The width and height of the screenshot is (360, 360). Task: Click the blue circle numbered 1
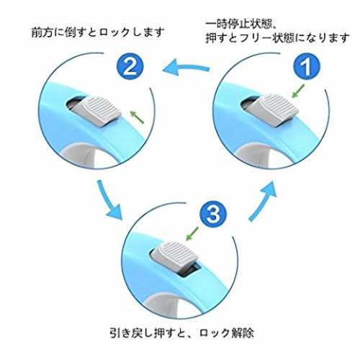307,66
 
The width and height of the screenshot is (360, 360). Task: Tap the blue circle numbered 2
130,66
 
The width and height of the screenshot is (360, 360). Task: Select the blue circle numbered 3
213,214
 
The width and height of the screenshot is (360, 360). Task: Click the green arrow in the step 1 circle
298,91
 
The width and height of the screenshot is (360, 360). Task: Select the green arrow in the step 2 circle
137,117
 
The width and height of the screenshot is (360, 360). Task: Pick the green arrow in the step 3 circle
192,233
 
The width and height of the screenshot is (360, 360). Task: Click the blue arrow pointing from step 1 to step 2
186,67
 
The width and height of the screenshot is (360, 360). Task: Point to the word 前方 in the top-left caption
42,32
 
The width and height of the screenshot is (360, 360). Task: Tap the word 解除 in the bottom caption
243,333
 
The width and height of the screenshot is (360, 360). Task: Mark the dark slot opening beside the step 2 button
74,103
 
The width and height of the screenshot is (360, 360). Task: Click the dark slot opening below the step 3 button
189,270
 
